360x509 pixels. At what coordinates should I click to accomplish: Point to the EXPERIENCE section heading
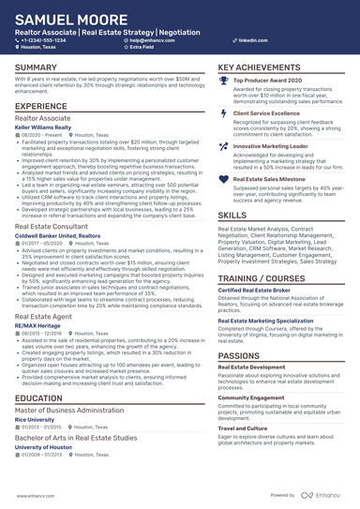pos(41,107)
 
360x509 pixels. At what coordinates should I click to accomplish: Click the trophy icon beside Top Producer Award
pos(223,82)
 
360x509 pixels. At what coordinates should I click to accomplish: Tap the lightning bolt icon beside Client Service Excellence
pos(223,114)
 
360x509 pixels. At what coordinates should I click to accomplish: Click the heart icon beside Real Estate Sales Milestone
pos(223,179)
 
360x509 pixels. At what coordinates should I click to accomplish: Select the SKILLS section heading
pos(232,215)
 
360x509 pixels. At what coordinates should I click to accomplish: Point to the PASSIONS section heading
pos(240,356)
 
